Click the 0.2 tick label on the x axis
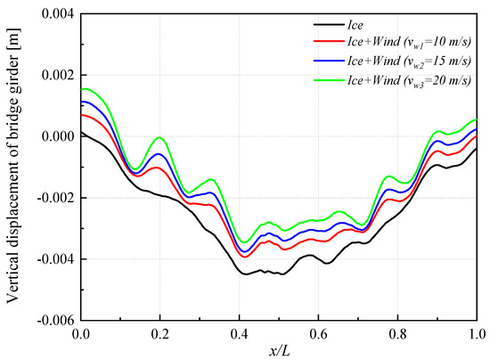point(159,334)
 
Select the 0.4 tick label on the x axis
point(239,334)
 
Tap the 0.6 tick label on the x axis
point(318,334)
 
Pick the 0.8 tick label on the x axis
point(397,334)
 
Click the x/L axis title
point(278,350)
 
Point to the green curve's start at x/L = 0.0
point(81,89)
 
